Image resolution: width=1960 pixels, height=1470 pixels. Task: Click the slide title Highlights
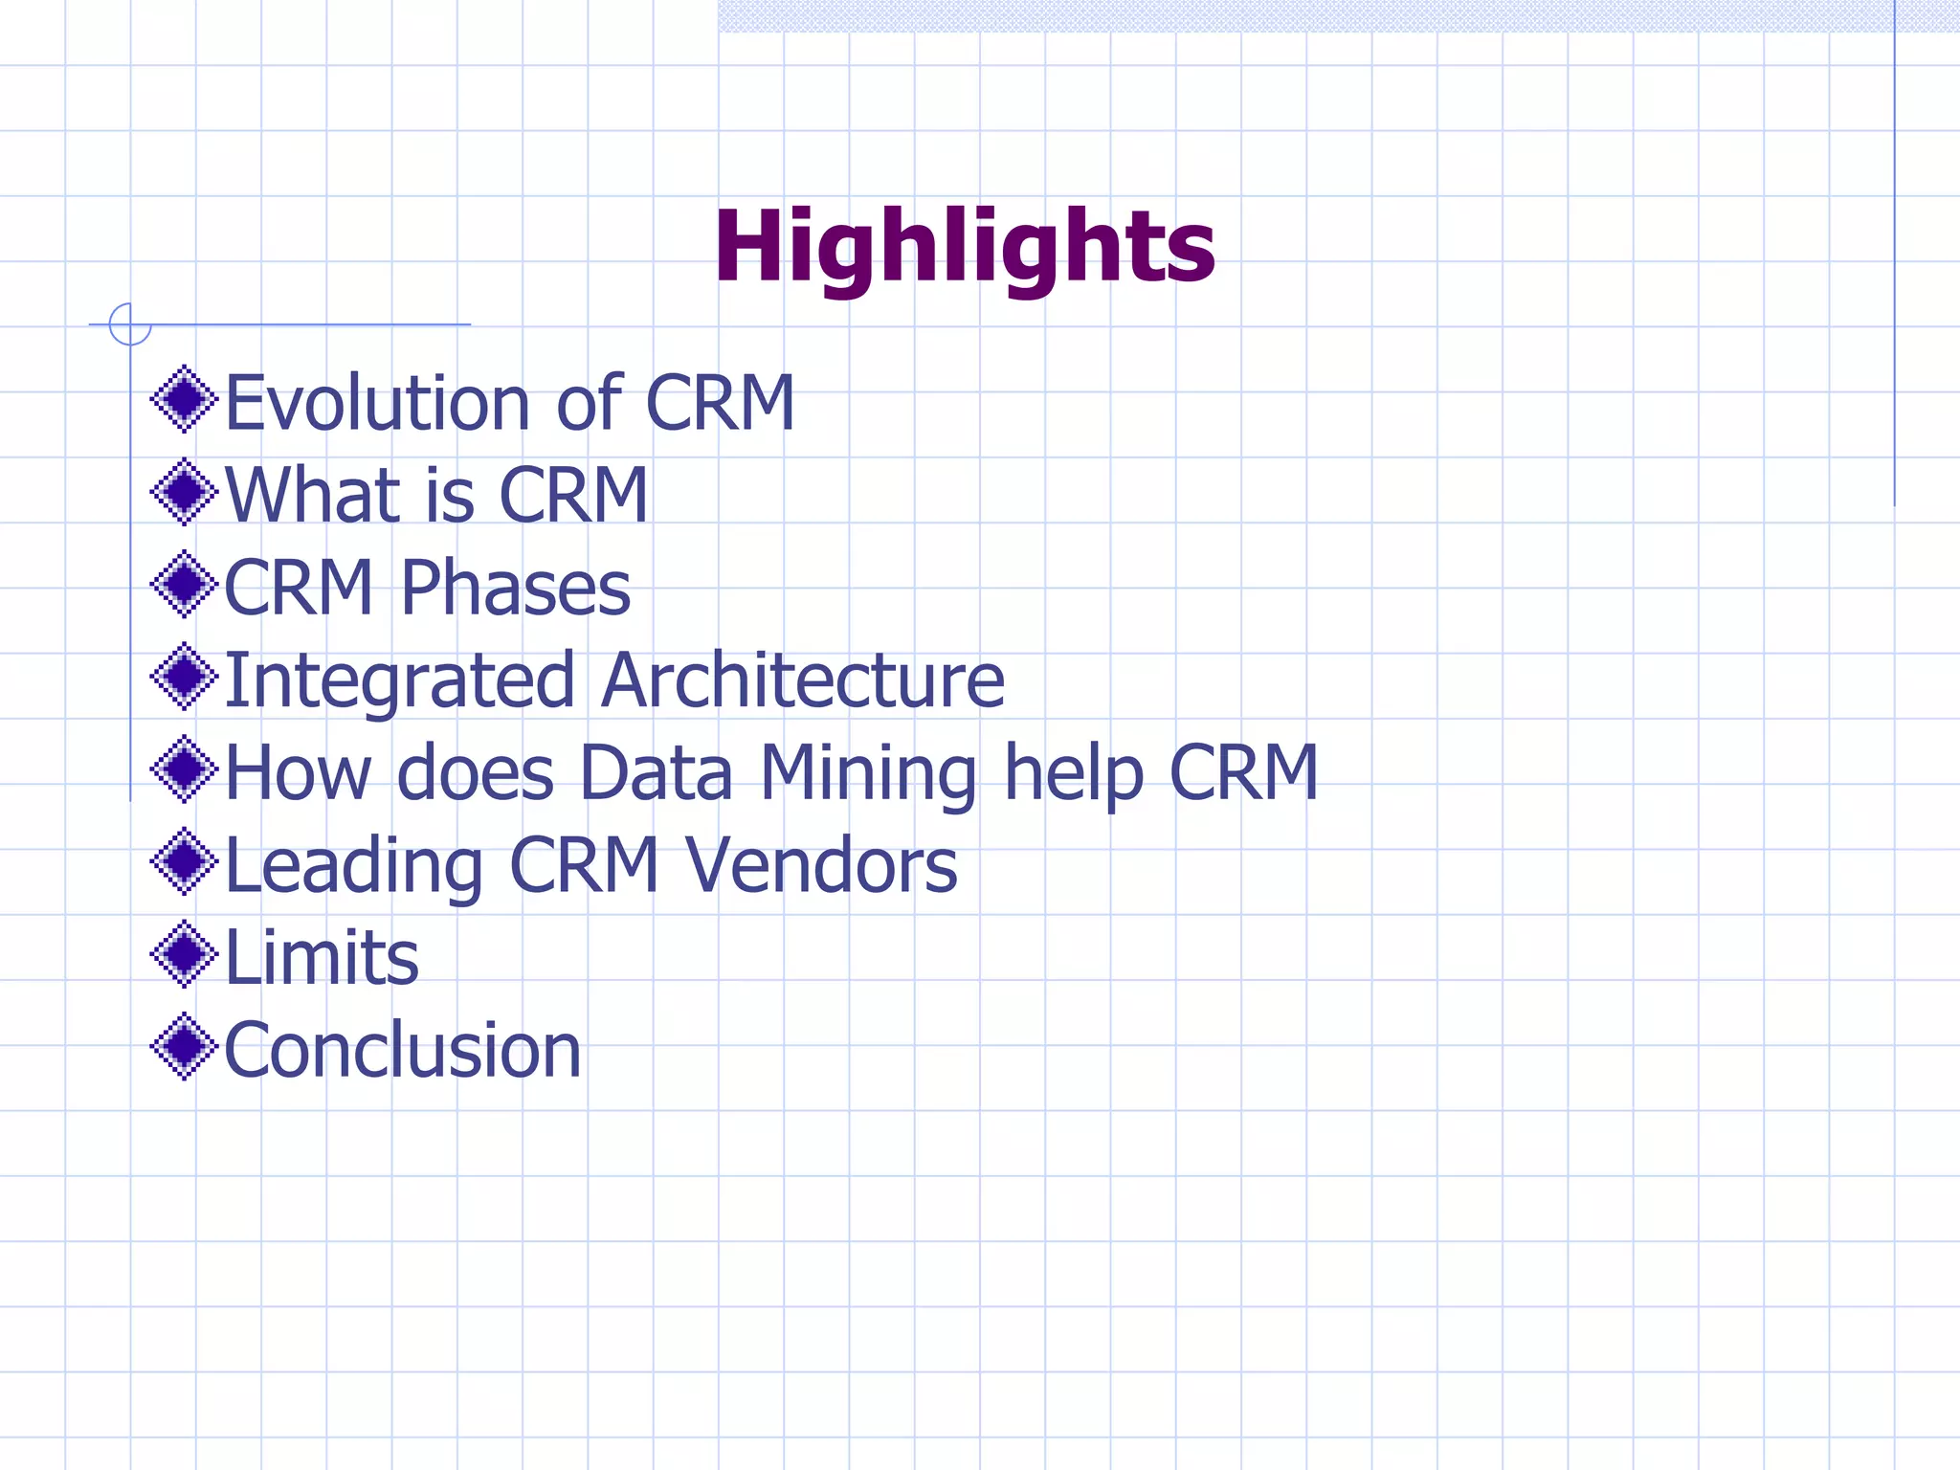point(965,247)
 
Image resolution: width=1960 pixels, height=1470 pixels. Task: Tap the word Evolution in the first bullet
point(377,402)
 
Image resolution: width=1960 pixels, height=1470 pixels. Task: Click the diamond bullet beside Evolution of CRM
point(184,399)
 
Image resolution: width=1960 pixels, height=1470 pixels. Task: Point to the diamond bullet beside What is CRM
point(184,492)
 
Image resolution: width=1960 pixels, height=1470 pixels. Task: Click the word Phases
point(516,588)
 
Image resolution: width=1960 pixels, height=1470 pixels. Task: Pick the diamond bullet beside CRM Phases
point(184,584)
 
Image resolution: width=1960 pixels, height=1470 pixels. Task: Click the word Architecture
point(803,679)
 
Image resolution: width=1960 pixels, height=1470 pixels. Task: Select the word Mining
point(869,773)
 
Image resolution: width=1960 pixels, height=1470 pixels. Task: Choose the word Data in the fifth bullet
point(656,772)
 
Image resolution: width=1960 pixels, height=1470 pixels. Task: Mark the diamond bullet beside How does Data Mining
point(184,768)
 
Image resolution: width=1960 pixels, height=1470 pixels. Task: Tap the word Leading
point(354,866)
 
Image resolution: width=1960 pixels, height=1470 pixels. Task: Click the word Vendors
point(821,865)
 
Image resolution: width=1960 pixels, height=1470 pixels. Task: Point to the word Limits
point(322,957)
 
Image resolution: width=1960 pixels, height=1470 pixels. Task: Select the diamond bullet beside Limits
point(184,953)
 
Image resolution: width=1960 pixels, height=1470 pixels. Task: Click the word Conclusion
point(403,1050)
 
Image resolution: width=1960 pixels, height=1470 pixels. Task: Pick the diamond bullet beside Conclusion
point(184,1047)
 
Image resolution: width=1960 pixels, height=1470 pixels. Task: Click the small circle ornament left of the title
point(130,324)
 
